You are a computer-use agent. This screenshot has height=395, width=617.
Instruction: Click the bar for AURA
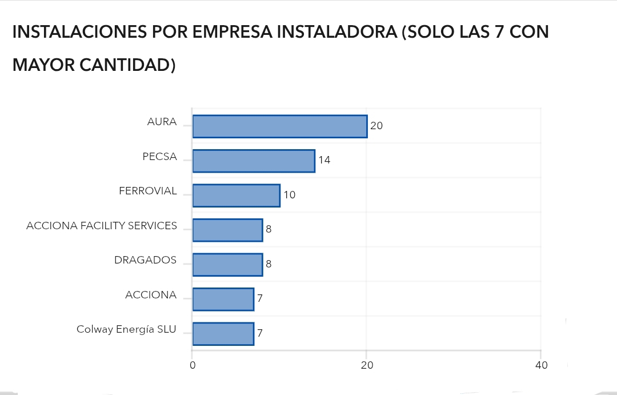pyautogui.click(x=279, y=126)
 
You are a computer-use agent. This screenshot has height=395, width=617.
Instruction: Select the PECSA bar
pyautogui.click(x=254, y=161)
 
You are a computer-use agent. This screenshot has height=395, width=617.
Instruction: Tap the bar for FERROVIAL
pyautogui.click(x=236, y=195)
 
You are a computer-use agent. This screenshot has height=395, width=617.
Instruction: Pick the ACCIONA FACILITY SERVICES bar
pyautogui.click(x=227, y=230)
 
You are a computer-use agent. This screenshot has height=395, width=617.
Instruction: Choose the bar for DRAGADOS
pyautogui.click(x=227, y=265)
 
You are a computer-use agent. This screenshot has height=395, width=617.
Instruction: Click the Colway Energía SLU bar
pyautogui.click(x=223, y=334)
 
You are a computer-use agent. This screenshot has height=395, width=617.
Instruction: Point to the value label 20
pyautogui.click(x=376, y=126)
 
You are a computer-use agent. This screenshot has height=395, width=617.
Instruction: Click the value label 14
pyautogui.click(x=324, y=160)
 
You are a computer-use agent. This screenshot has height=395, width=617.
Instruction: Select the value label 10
pyautogui.click(x=290, y=195)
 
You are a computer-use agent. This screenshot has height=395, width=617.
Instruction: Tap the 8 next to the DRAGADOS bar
pyautogui.click(x=269, y=264)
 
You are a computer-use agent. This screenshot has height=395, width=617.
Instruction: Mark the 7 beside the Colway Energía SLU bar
pyautogui.click(x=260, y=333)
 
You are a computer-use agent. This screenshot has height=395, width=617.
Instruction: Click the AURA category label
pyautogui.click(x=162, y=122)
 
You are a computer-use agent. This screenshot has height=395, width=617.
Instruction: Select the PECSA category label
pyautogui.click(x=159, y=157)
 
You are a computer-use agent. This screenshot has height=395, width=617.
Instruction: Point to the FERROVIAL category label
pyautogui.click(x=148, y=191)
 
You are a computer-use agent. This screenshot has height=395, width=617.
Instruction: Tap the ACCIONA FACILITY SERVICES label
pyautogui.click(x=102, y=226)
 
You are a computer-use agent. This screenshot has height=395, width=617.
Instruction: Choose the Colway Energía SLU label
pyautogui.click(x=126, y=329)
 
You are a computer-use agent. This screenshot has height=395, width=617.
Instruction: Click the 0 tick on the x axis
pyautogui.click(x=193, y=366)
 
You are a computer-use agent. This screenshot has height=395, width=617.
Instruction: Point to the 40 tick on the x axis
pyautogui.click(x=541, y=366)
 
